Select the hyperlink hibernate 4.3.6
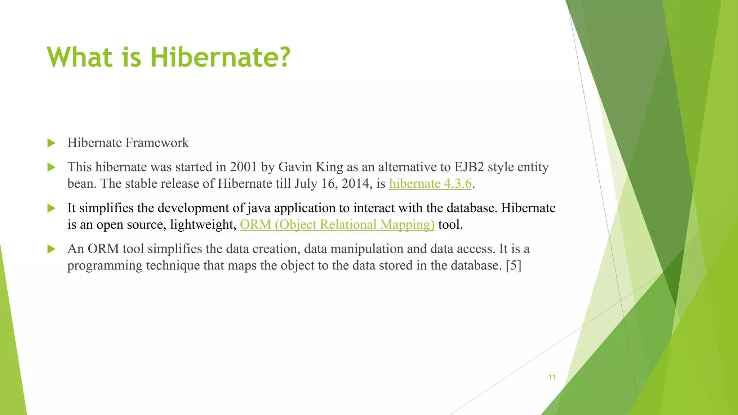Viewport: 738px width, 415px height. [430, 184]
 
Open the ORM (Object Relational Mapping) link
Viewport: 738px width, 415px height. [337, 225]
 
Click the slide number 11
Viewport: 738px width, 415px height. [552, 377]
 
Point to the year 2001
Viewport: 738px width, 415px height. [243, 167]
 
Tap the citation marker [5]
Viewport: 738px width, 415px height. [514, 265]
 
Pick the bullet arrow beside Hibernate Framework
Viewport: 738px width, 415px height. [52, 143]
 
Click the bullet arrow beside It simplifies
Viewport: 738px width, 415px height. [52, 208]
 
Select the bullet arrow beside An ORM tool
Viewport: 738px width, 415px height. [52, 249]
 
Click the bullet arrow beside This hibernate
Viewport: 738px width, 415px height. [52, 167]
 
